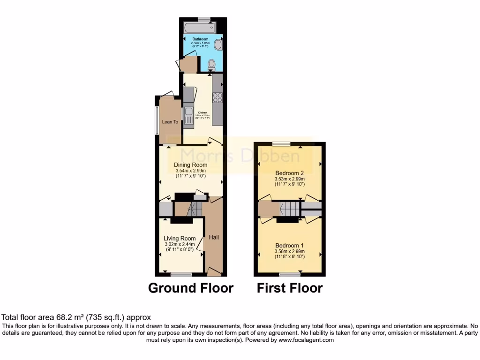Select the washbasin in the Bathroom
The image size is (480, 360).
coord(218,45)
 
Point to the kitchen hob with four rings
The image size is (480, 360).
coord(217,97)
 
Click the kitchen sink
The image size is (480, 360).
coord(188,115)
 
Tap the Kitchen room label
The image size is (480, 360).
coord(202,113)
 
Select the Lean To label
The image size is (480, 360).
coord(170,122)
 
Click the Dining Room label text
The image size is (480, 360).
coord(190,165)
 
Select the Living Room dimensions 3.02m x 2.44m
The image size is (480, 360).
coord(180,244)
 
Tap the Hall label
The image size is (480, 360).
coord(214,238)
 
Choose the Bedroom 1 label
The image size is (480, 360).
coord(289,246)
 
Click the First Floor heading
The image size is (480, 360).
coord(289,288)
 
